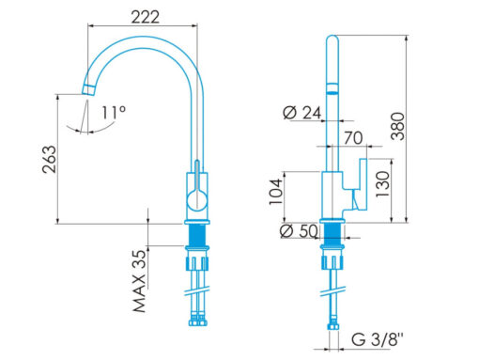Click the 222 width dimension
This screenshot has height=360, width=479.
(145, 17)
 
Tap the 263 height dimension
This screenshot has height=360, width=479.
(50, 160)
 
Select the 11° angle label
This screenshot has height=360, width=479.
(114, 112)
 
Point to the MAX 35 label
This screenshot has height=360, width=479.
(140, 281)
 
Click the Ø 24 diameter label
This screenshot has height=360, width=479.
(301, 113)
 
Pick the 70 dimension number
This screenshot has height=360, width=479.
(353, 138)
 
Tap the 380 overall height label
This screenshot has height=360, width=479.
(398, 126)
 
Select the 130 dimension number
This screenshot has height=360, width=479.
(382, 184)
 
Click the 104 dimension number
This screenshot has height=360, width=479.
(276, 192)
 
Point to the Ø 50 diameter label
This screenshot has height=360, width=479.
(299, 231)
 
